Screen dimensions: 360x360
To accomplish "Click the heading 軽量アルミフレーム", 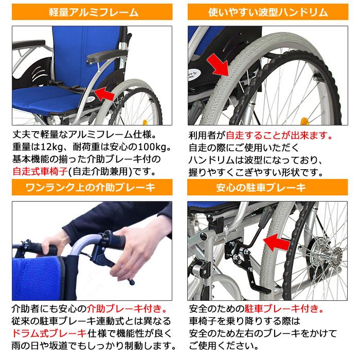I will coord(93,12).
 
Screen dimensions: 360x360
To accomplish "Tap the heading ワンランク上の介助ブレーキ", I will coord(93,187).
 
